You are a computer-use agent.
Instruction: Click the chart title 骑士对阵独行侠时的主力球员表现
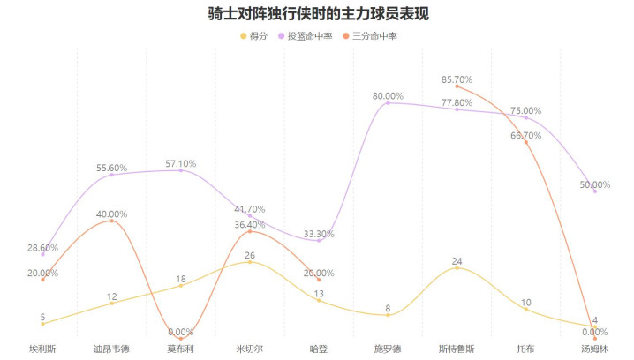pyautogui.click(x=317, y=14)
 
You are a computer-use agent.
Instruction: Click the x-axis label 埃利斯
pyautogui.click(x=42, y=349)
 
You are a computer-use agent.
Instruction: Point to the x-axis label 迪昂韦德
pyautogui.click(x=111, y=349)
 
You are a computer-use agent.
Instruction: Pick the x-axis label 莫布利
pyautogui.click(x=181, y=349)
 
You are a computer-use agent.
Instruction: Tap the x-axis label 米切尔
pyautogui.click(x=250, y=349)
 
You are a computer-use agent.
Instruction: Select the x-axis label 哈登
pyautogui.click(x=319, y=349)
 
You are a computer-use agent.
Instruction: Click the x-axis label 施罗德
pyautogui.click(x=388, y=349)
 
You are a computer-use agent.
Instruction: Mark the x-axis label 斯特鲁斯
pyautogui.click(x=457, y=349)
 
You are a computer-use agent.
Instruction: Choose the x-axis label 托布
pyautogui.click(x=526, y=349)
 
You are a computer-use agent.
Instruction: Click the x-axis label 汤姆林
pyautogui.click(x=595, y=349)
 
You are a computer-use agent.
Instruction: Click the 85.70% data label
pyautogui.click(x=457, y=79)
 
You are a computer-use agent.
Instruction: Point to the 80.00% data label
pyautogui.click(x=388, y=95)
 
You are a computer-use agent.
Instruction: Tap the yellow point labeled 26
pyautogui.click(x=250, y=262)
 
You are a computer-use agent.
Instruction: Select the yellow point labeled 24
pyautogui.click(x=457, y=267)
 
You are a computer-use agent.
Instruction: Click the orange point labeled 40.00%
pyautogui.click(x=111, y=221)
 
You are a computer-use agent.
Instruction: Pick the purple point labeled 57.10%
pyautogui.click(x=181, y=170)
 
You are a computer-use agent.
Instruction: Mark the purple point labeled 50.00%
pyautogui.click(x=595, y=191)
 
